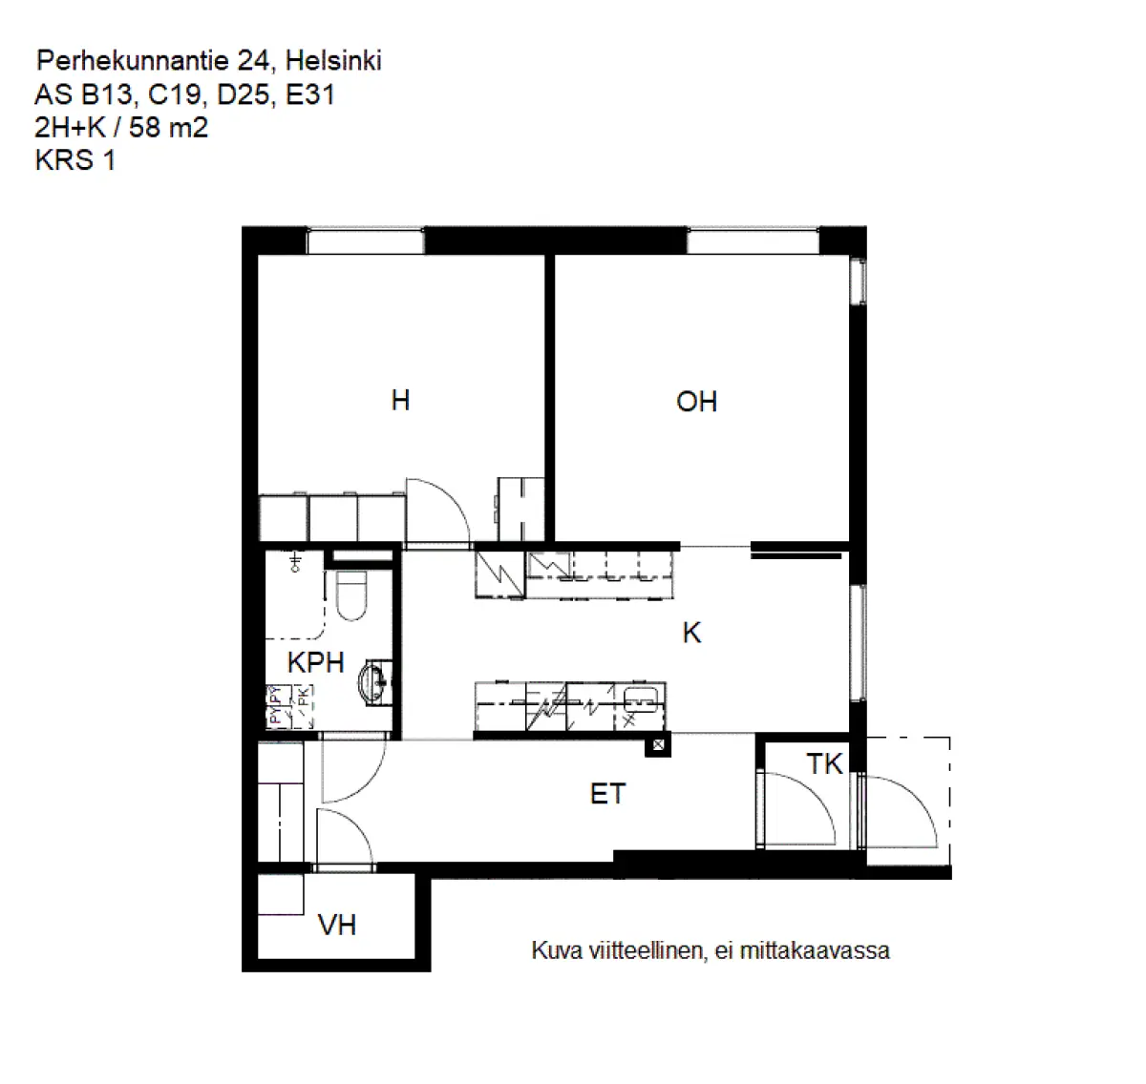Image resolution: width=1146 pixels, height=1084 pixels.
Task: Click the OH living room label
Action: click(x=696, y=402)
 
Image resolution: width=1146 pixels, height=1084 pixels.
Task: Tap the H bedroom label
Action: click(x=400, y=400)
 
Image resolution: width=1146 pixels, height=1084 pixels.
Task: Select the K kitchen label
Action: click(x=691, y=633)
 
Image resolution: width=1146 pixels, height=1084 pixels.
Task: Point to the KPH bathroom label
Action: click(x=315, y=662)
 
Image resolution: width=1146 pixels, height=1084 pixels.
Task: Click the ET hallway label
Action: click(x=607, y=794)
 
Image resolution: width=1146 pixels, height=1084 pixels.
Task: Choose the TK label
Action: click(x=824, y=763)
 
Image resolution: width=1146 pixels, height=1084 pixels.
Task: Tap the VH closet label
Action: click(x=337, y=925)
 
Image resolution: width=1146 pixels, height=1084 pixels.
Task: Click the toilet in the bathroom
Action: click(x=352, y=594)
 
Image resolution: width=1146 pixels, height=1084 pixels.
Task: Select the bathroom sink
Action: click(x=374, y=682)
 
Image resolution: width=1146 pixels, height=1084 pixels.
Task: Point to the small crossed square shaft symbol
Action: click(x=658, y=746)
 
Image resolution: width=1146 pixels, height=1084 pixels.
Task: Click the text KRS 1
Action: click(x=75, y=160)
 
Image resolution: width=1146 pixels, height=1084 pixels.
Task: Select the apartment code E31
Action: click(x=310, y=94)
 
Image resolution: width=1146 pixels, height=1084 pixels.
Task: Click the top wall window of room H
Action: click(x=365, y=241)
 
